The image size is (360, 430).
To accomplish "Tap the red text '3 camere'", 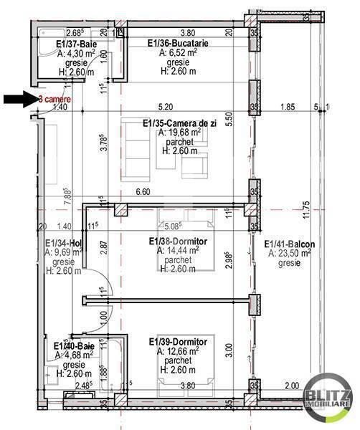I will click(x=54, y=98).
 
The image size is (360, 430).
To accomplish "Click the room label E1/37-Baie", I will click(x=75, y=44).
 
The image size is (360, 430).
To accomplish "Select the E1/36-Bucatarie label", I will click(x=178, y=44).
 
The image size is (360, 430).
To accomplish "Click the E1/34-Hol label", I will click(x=61, y=243).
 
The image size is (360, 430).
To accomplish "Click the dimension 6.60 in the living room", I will click(x=143, y=191).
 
